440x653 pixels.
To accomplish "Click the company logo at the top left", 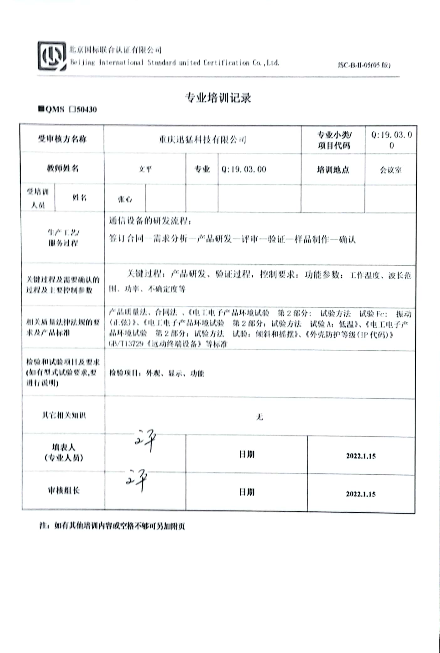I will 52,56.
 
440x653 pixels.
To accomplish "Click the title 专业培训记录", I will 218,98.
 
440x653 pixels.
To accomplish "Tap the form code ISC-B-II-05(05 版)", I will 364,65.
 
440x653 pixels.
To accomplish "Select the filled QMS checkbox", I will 41,109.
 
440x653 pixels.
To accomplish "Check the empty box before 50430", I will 72,109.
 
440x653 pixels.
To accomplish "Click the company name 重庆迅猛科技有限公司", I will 202,139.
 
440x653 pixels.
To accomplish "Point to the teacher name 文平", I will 145,169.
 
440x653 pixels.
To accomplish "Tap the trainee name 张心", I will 125,199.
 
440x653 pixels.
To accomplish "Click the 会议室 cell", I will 390,170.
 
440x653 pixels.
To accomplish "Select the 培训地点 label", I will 333,170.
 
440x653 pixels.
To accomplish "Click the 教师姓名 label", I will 62,169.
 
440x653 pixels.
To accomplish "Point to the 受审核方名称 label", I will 62,139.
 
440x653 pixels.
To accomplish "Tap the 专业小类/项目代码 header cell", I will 333,140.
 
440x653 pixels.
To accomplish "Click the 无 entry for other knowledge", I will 259,417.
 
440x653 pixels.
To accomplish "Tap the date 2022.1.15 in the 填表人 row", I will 361,456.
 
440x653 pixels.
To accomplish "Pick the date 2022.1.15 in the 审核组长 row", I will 361,494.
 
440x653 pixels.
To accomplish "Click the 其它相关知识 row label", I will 64,415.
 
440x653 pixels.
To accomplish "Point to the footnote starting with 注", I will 112,526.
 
